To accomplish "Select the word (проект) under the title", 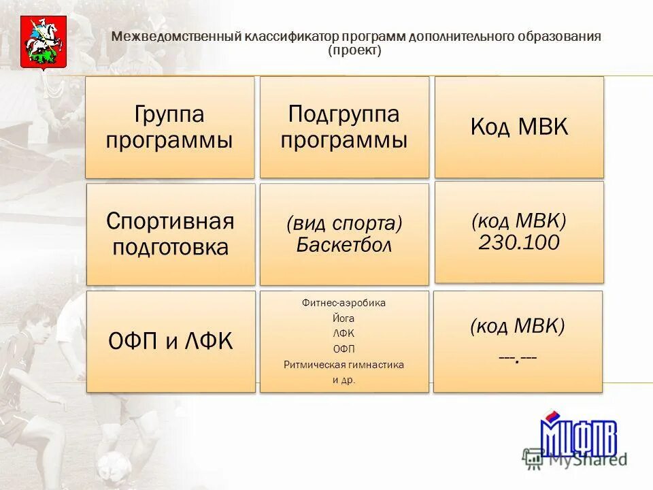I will click(354, 51).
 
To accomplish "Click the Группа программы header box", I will click(170, 127).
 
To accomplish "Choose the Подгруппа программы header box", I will click(344, 127).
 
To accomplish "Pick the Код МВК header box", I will click(519, 127).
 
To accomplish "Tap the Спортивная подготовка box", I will click(170, 233).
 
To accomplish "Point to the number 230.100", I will click(519, 243).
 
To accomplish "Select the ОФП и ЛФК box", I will click(171, 341).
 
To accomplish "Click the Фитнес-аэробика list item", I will click(344, 303).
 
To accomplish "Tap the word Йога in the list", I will click(344, 318).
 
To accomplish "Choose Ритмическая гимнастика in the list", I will click(344, 365).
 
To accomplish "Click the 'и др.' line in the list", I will click(344, 380).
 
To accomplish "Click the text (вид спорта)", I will click(344, 223).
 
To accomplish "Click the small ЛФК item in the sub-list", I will click(344, 333).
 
